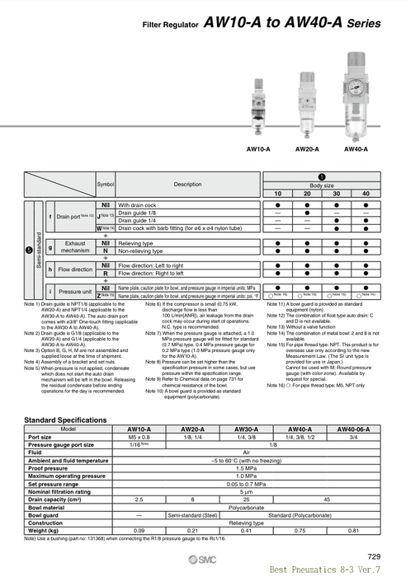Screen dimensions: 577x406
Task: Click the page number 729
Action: coord(374,556)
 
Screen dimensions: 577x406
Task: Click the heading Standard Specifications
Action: coord(66,420)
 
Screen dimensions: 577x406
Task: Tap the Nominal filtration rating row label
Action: coord(59,491)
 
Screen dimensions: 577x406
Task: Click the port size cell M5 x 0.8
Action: coord(139,437)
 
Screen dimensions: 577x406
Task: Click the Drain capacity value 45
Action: coord(327,500)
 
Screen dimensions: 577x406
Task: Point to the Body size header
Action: coord(322,185)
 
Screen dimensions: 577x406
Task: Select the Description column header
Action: coord(187,185)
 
